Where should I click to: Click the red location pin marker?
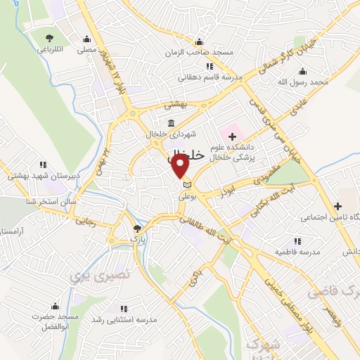click(180, 166)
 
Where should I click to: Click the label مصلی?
click(86, 50)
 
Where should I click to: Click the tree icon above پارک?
click(138, 228)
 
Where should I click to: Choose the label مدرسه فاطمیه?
click(298, 251)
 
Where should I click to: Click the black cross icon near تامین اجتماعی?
click(339, 206)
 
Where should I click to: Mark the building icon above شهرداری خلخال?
click(172, 123)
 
